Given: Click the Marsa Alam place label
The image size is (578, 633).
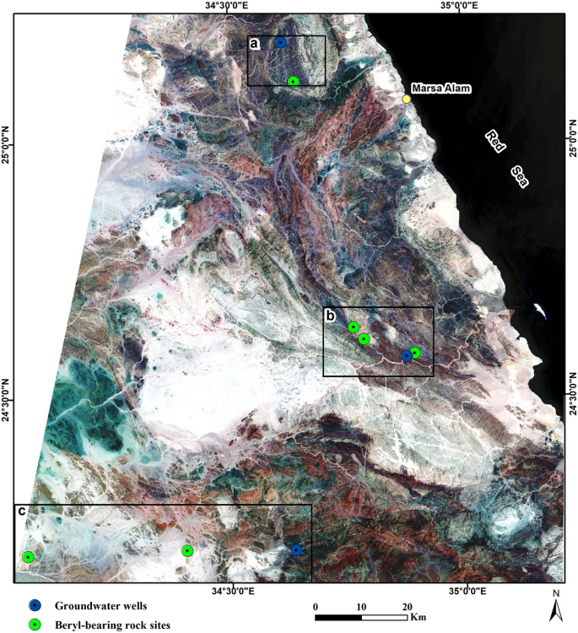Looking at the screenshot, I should (x=442, y=89).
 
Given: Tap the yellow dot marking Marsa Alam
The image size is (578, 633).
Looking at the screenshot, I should (x=406, y=100).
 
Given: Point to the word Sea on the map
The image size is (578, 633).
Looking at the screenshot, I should (x=524, y=176).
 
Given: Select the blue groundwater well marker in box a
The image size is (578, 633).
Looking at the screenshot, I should (x=281, y=42).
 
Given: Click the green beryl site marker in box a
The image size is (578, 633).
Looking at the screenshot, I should (x=293, y=81).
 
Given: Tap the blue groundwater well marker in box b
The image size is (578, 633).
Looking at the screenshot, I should (x=406, y=355).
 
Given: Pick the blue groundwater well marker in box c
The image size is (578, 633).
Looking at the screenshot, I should (x=296, y=549).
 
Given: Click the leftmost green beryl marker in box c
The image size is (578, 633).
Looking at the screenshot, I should (x=28, y=557).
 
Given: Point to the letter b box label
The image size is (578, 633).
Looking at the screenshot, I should (x=332, y=316).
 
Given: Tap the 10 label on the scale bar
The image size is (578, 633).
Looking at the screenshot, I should (x=362, y=606).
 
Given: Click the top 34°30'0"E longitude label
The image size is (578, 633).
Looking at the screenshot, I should (x=224, y=6).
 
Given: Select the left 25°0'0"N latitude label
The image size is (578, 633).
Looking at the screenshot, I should (x=8, y=145).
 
